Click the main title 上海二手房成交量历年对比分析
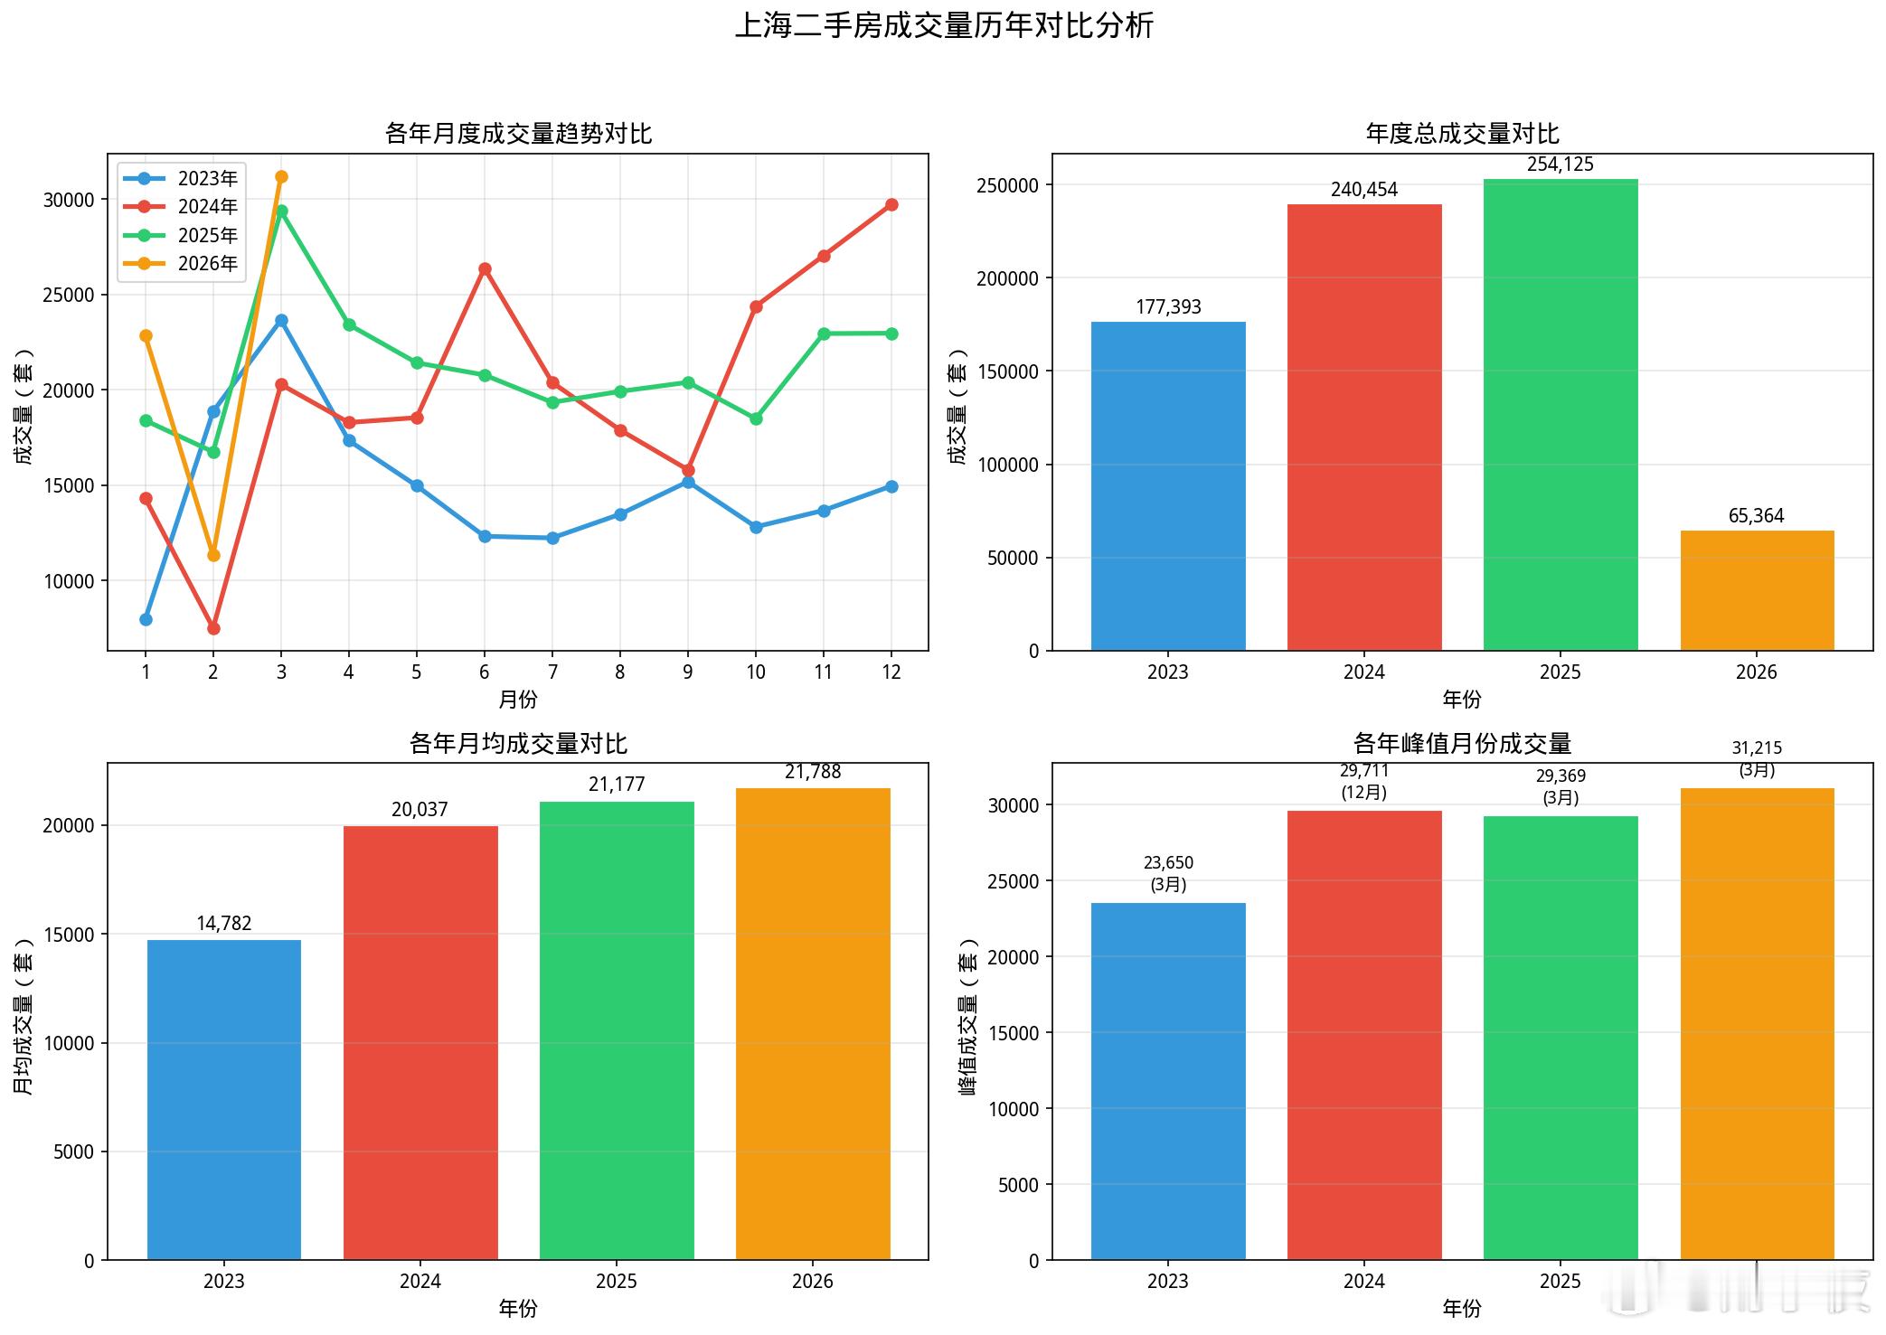943,25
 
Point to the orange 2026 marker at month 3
281,177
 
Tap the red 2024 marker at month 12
891,205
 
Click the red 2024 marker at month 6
485,269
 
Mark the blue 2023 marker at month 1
146,620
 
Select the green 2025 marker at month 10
756,419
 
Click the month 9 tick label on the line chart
688,672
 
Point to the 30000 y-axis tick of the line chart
69,200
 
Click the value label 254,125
1561,165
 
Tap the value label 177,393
1168,307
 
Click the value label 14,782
224,924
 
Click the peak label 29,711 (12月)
1364,782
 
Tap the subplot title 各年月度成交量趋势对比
518,134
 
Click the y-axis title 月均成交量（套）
24,1017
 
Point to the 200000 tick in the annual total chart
1007,278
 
